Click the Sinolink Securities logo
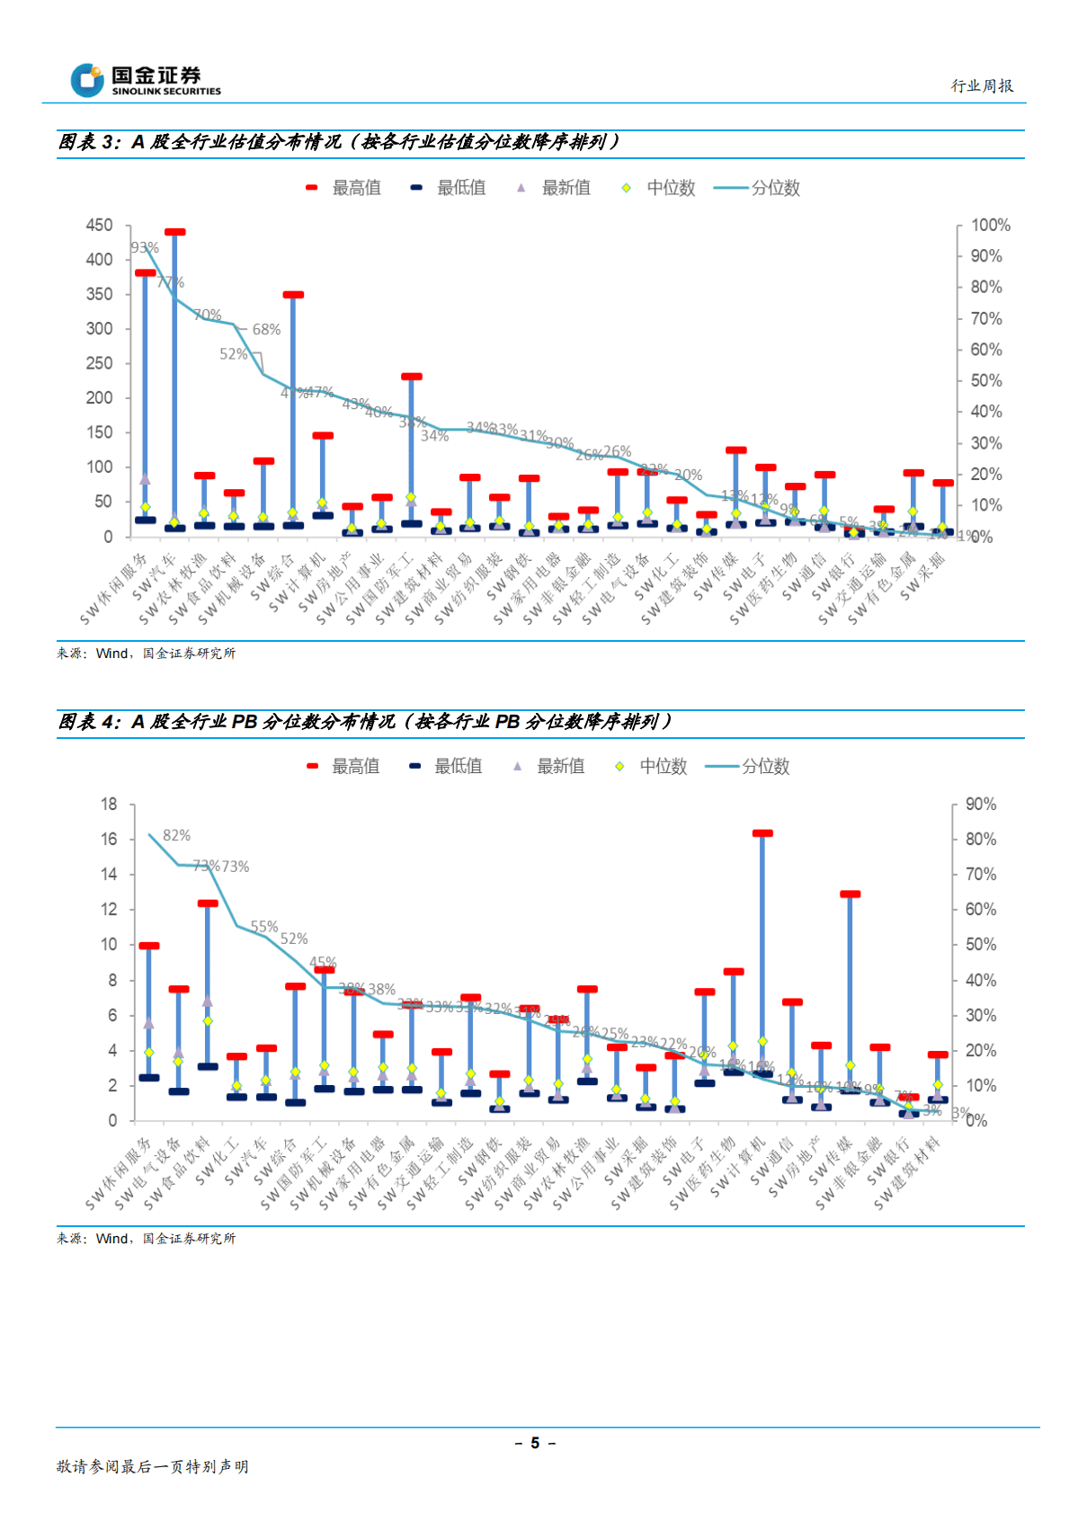pos(145,80)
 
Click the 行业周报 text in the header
pos(982,86)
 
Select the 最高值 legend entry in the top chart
pos(345,188)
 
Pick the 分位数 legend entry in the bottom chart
pos(749,767)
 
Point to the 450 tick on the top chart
pos(100,226)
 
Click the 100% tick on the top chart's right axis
pos(990,226)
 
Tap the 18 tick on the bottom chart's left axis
pos(109,805)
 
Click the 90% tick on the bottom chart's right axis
pos(980,805)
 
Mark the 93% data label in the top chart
pos(145,248)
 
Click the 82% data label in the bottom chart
pos(176,836)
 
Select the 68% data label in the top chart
pos(266,330)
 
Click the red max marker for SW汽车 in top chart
pos(175,233)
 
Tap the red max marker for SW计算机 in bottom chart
pos(762,834)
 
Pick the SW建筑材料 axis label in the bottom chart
pos(908,1172)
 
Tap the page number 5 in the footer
pos(535,1443)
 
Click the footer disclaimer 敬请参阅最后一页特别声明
pos(153,1466)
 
